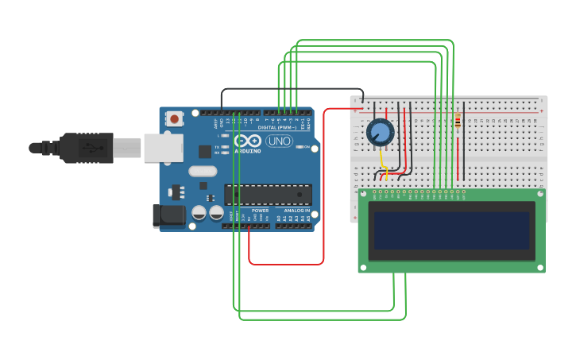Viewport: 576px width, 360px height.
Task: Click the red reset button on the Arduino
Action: (x=174, y=119)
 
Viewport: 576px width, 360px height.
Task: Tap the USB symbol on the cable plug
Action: (x=93, y=147)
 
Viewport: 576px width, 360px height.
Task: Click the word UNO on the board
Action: (x=278, y=141)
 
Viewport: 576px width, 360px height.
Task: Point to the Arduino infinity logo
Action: (x=247, y=140)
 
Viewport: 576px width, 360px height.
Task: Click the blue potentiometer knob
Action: (x=380, y=132)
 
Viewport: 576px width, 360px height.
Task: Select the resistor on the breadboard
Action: (x=458, y=122)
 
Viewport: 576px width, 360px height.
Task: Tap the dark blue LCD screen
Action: (x=451, y=230)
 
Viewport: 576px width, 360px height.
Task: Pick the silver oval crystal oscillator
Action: (x=203, y=171)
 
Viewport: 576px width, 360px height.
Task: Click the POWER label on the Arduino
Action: (x=260, y=210)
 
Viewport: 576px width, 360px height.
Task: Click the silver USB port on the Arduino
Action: (x=163, y=147)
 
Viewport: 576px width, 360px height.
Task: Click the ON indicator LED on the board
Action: (x=305, y=147)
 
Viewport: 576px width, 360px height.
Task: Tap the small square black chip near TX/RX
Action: (x=205, y=151)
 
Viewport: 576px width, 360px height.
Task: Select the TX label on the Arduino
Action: (x=218, y=147)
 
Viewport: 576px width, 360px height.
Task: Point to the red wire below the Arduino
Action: (x=286, y=264)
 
